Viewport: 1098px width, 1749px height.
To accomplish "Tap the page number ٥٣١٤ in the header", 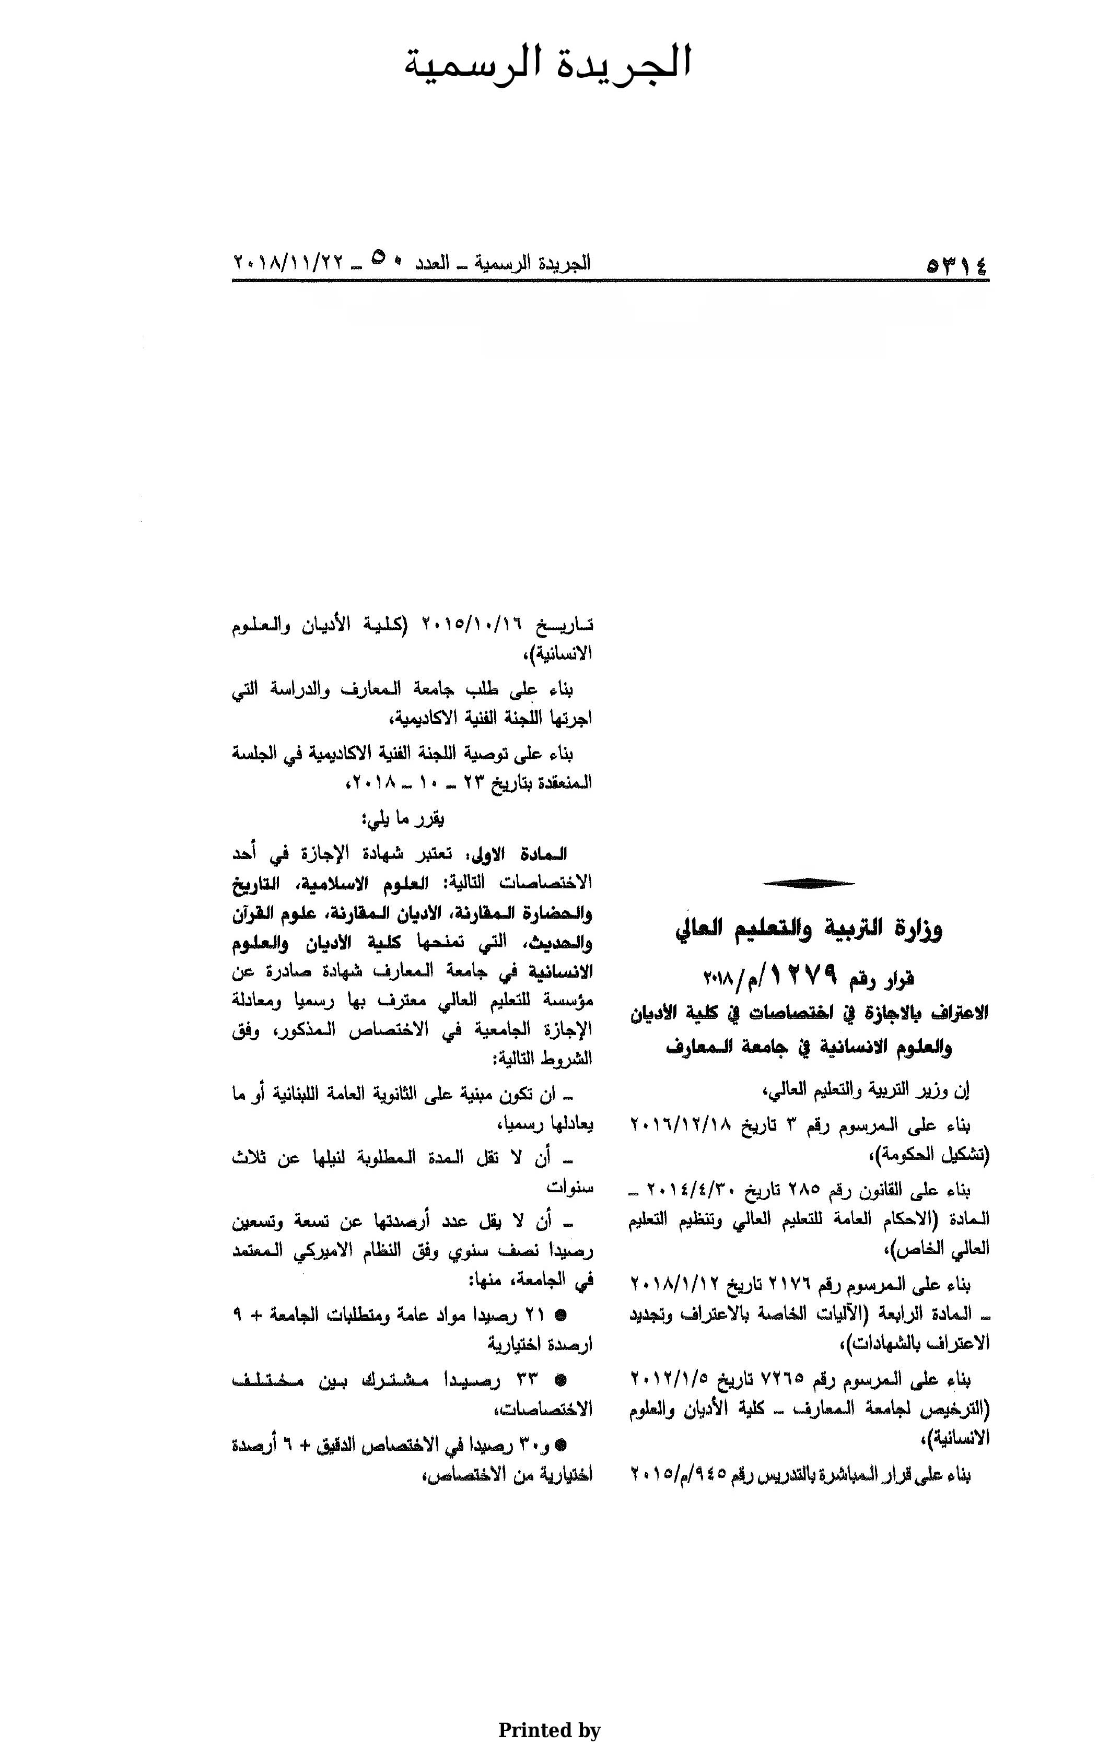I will point(956,265).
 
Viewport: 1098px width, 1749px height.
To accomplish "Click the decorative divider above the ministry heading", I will point(808,883).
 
